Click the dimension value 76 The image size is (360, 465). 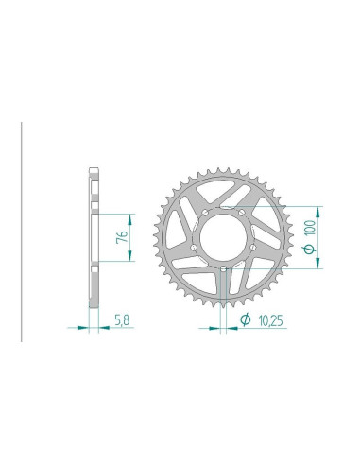click(x=122, y=236)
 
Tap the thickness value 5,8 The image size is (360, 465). click(x=122, y=320)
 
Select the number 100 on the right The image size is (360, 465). click(x=310, y=228)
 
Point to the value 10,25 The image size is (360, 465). click(x=270, y=320)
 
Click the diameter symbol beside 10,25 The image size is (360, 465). click(x=246, y=319)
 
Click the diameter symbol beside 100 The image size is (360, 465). click(x=310, y=249)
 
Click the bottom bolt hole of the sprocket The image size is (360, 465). click(x=223, y=268)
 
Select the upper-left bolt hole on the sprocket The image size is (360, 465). click(x=205, y=213)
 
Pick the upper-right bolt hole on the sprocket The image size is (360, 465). click(x=242, y=213)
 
